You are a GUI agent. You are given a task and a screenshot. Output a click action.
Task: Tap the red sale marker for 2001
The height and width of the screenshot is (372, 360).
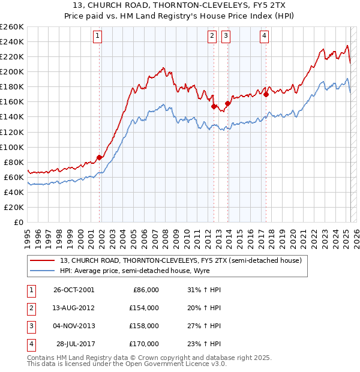coord(100,157)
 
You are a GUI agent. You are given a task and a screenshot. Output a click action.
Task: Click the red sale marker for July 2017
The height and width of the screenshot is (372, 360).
coord(266,94)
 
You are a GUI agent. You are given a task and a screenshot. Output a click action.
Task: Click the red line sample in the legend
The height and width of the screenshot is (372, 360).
coord(41,261)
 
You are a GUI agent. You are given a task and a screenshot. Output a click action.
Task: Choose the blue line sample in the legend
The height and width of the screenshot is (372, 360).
coord(41,271)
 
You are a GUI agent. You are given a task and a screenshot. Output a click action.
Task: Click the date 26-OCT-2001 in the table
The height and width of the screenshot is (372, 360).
coord(74,290)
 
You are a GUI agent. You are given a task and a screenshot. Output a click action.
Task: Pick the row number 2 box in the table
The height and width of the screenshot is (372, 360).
coord(29,308)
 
